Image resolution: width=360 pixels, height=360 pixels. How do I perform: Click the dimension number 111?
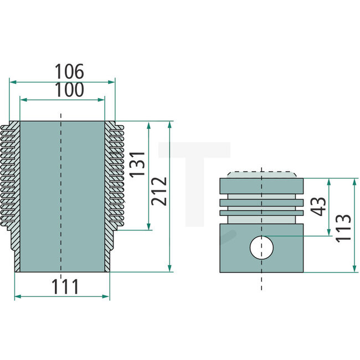[x=65, y=286]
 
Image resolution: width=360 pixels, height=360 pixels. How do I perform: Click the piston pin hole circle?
[x=261, y=246]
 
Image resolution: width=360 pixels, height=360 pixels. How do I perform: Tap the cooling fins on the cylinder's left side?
[x=11, y=177]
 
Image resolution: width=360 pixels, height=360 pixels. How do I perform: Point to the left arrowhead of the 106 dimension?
[x=13, y=81]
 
